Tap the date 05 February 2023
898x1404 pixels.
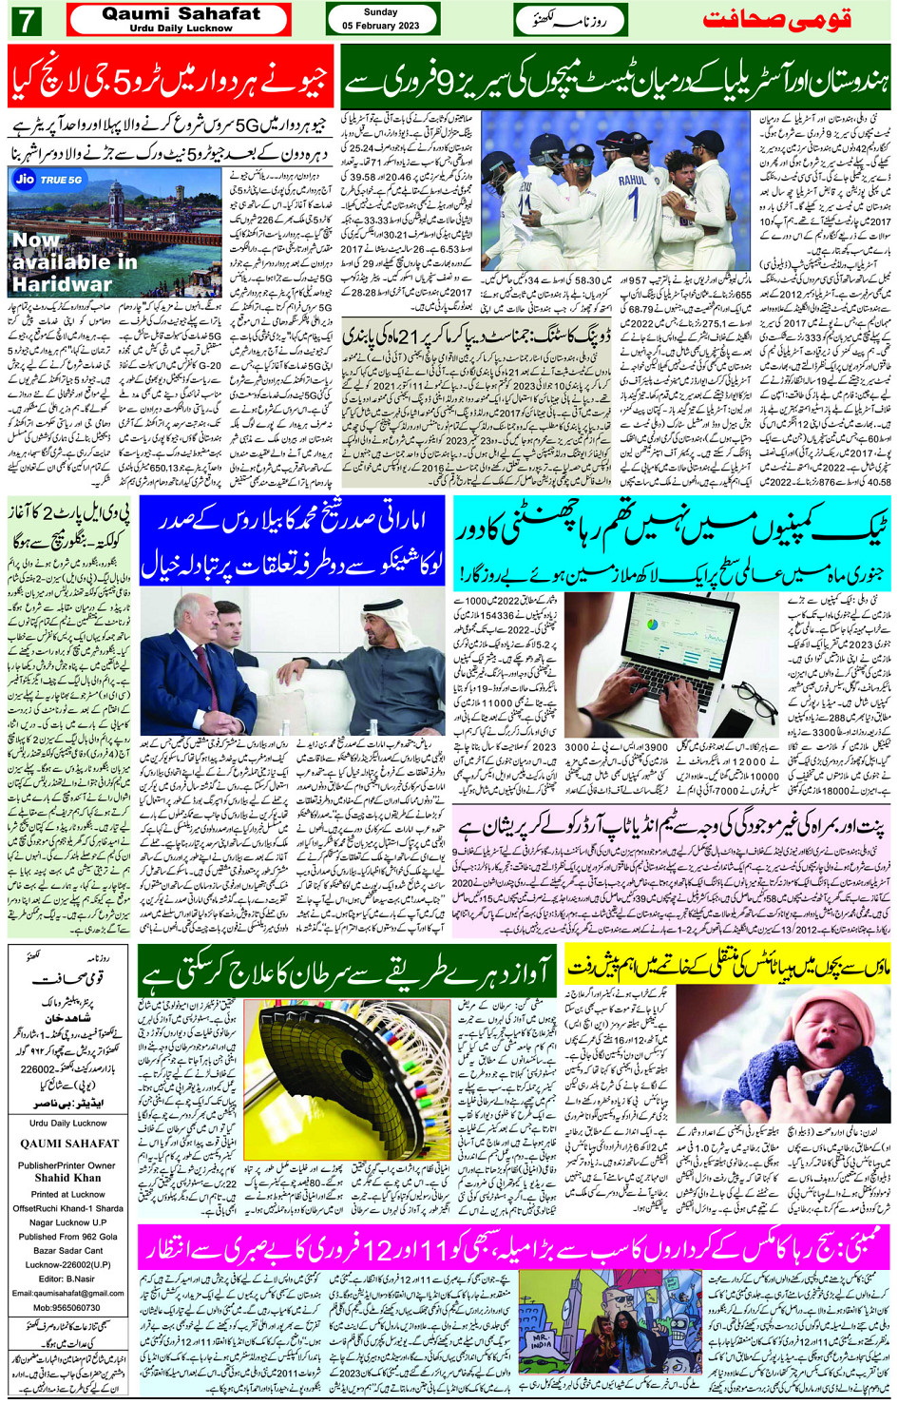tap(381, 26)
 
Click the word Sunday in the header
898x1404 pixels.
tap(380, 12)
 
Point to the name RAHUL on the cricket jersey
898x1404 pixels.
tap(633, 179)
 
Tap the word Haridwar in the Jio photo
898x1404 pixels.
tap(63, 283)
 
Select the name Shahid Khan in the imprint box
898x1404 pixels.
tap(67, 1178)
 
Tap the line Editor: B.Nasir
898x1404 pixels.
tap(67, 1279)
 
